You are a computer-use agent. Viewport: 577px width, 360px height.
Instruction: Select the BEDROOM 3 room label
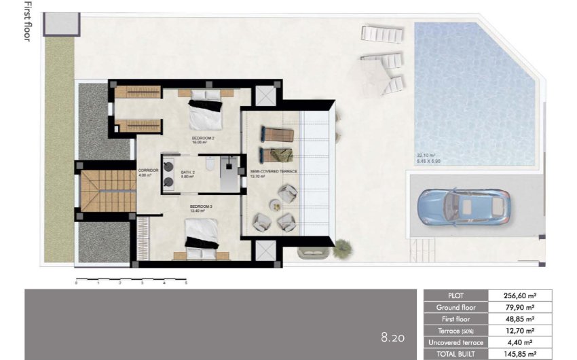(202, 206)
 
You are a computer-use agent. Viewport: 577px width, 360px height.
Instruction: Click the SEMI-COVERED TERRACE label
(274, 172)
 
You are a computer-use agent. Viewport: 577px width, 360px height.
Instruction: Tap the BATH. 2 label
(188, 173)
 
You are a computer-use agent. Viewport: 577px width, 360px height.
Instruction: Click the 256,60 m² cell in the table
(521, 295)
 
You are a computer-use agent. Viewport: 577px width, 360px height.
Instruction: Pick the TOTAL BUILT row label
(456, 354)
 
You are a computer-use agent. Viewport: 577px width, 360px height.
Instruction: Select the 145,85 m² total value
(521, 354)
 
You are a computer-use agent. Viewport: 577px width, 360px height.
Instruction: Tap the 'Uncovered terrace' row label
(456, 342)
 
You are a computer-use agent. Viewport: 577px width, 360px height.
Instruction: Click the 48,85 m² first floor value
(521, 319)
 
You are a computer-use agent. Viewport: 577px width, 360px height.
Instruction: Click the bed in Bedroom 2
(206, 112)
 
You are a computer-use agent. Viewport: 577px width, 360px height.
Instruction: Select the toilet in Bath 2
(210, 163)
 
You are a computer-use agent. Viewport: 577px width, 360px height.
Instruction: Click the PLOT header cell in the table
(456, 295)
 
